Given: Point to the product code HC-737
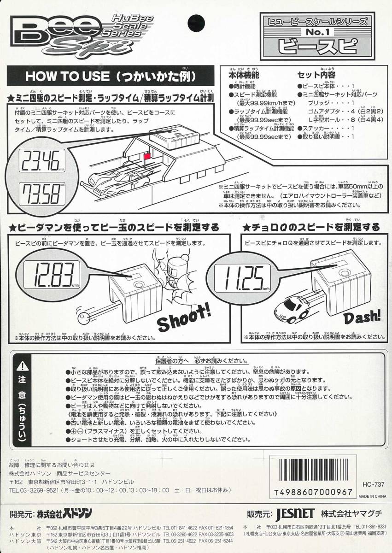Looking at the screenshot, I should tap(373, 484).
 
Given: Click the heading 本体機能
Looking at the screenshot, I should tap(244, 75).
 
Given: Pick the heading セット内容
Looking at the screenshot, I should tap(316, 75).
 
